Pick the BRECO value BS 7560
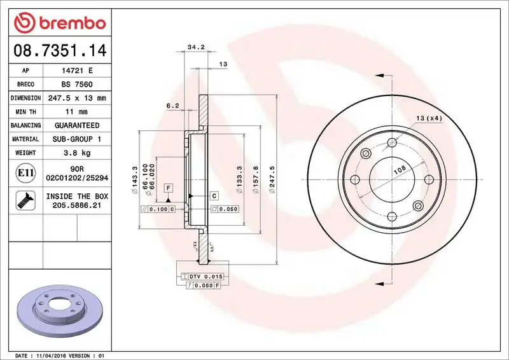point(77,85)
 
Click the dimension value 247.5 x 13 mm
point(77,99)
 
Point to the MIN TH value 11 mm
point(77,112)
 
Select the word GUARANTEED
point(77,125)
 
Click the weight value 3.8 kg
point(77,153)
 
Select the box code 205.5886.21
point(77,206)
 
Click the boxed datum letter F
point(168,188)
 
